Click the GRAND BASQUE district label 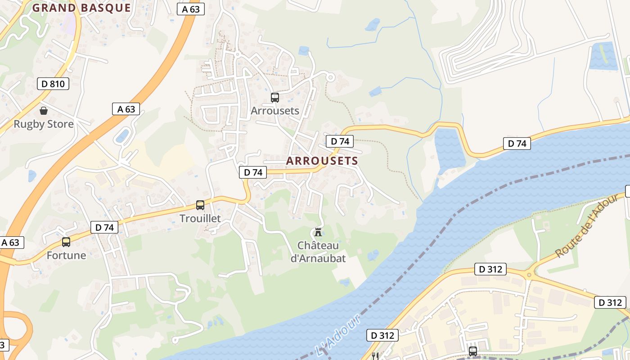[81, 8]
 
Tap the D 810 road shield [53, 84]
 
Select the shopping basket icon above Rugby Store [44, 110]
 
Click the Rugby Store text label [44, 124]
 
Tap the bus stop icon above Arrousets [274, 97]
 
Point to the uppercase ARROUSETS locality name [322, 161]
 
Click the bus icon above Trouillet [200, 205]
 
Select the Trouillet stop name [200, 219]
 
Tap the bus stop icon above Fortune [66, 242]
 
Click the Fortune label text [66, 256]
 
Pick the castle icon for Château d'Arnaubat [318, 232]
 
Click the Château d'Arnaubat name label [318, 252]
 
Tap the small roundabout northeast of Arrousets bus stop [330, 77]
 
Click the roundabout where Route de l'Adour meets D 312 [529, 274]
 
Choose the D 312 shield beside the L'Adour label [382, 335]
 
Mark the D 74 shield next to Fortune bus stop [104, 228]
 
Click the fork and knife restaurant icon [374, 356]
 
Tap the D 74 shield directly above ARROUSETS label [340, 141]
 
